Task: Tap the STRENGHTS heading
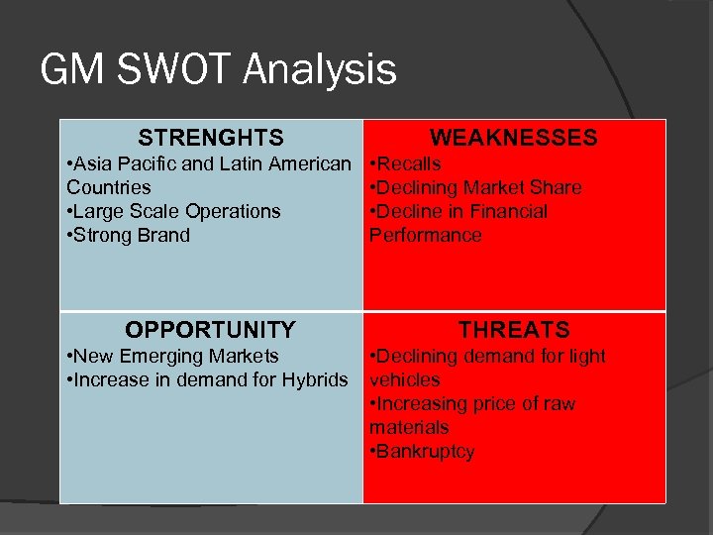click(x=211, y=138)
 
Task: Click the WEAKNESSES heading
click(x=513, y=138)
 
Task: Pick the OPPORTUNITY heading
click(x=210, y=330)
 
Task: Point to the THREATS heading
click(x=513, y=330)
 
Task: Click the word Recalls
click(x=409, y=163)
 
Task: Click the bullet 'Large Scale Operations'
click(x=173, y=211)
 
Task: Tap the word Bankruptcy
click(x=426, y=452)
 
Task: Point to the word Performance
click(x=425, y=235)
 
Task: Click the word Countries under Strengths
click(x=109, y=187)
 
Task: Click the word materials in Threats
click(x=408, y=427)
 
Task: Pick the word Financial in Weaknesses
click(x=508, y=211)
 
